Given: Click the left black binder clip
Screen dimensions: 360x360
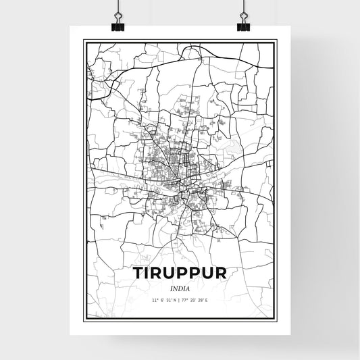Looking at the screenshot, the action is click(118, 26).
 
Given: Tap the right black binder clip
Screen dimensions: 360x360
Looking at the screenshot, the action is click(242, 26).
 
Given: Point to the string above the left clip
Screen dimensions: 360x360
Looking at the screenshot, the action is click(118, 7).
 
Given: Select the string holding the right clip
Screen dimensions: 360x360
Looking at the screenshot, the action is click(242, 7).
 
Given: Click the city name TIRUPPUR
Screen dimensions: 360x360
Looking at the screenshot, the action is click(179, 274).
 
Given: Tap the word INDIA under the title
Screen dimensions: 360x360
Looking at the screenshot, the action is click(179, 288).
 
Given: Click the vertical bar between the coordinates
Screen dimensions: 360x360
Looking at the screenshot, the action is click(179, 299).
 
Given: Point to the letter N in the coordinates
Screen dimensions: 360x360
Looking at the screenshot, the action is click(174, 299).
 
